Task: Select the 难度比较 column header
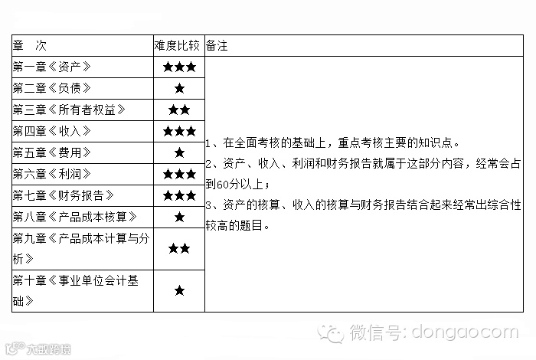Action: [x=178, y=46]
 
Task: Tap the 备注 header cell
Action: [x=217, y=46]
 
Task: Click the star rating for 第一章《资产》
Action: [x=179, y=67]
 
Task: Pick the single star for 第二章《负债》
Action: [x=179, y=88]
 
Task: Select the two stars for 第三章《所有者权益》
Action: [x=179, y=110]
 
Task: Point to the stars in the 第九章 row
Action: [x=179, y=248]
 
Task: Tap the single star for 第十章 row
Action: [x=179, y=290]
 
